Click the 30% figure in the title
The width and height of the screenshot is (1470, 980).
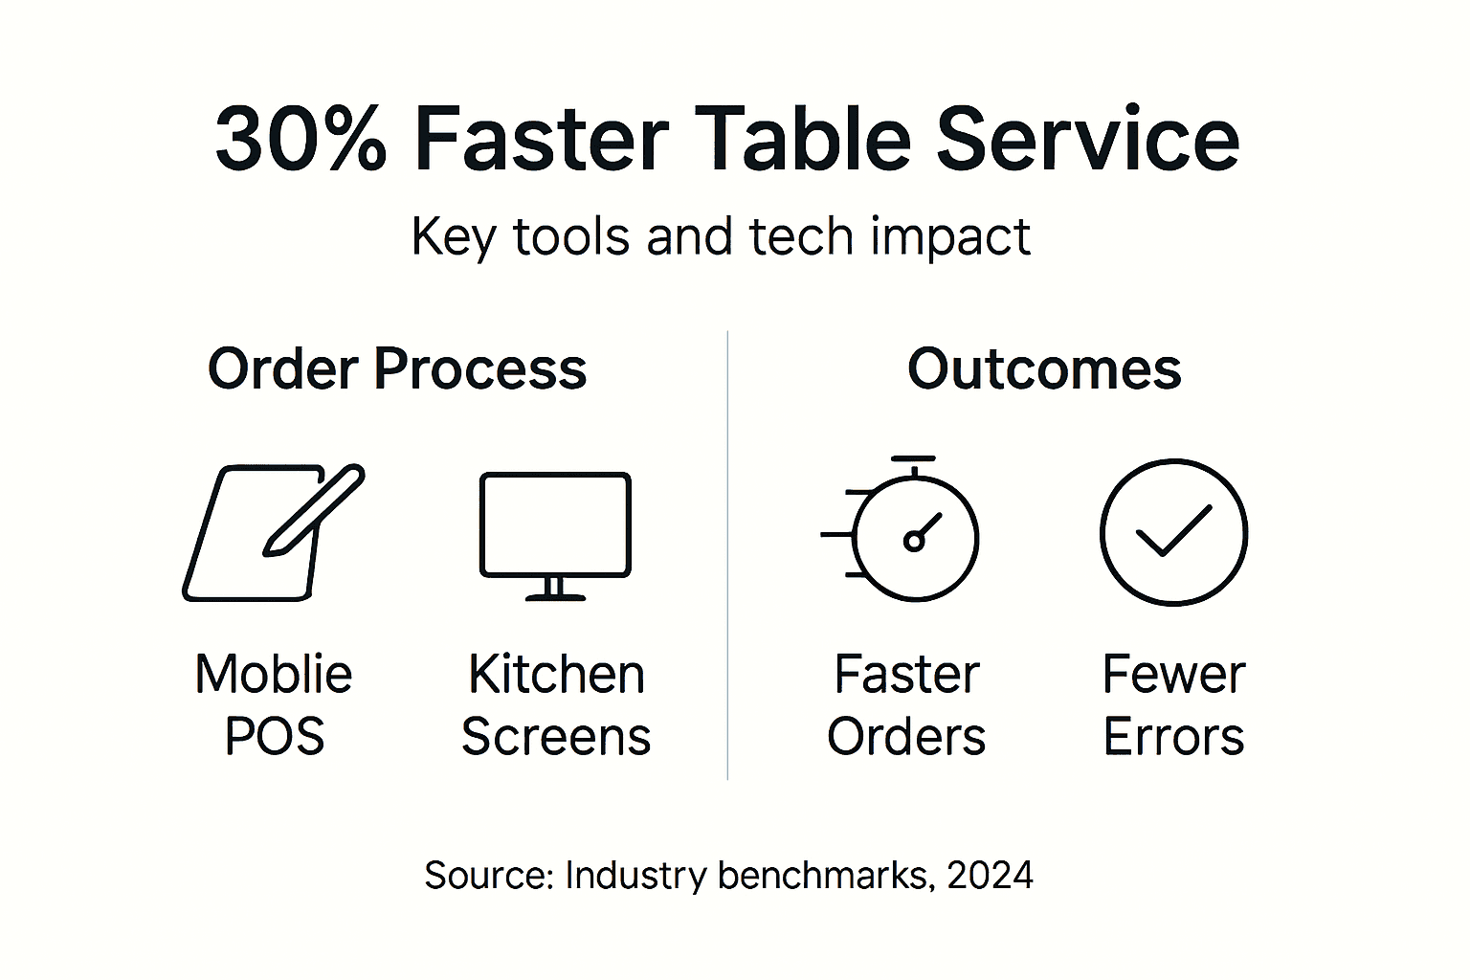point(300,140)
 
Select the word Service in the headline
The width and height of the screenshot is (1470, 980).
point(1087,140)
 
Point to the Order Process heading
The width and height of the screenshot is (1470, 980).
point(397,369)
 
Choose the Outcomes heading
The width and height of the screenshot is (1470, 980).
point(1044,369)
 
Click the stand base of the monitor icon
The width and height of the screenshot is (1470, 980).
point(555,597)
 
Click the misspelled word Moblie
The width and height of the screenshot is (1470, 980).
point(274,674)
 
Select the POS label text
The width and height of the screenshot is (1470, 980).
point(275,736)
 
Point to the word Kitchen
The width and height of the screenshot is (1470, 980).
point(556,674)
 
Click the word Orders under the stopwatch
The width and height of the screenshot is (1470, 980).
point(906,737)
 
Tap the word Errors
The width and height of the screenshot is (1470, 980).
point(1173,737)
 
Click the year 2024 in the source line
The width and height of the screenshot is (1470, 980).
point(991,876)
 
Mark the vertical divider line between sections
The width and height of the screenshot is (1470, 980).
point(727,555)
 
